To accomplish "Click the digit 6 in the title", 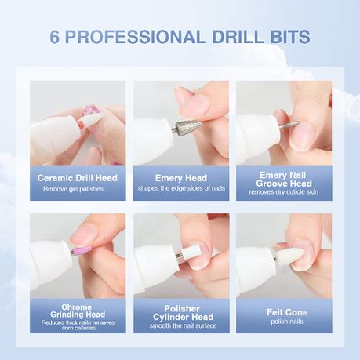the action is point(55,37).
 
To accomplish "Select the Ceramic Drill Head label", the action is point(78,178).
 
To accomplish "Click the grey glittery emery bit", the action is point(187,126).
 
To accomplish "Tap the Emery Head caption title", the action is point(181,178).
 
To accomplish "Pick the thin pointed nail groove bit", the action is point(291,125).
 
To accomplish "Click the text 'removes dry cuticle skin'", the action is point(284,192).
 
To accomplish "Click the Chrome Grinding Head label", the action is point(78,311).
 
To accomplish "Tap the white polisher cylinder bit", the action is point(191,252).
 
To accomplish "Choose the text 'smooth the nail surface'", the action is point(183,325).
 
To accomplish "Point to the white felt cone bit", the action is point(289,255).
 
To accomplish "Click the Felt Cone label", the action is point(287,312).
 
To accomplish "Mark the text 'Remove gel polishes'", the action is point(73,189).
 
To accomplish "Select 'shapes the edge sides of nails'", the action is point(181,188).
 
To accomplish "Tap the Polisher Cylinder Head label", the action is point(183,313).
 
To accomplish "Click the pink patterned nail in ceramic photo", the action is point(90,111).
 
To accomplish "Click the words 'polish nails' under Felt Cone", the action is point(287,322).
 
